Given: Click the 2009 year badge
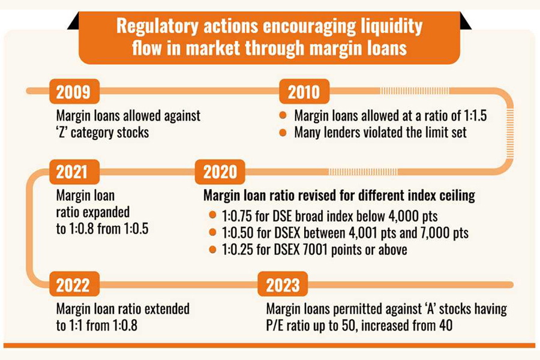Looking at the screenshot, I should click(x=73, y=92).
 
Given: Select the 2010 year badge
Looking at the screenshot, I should click(x=304, y=92).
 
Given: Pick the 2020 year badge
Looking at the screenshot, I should click(x=220, y=172).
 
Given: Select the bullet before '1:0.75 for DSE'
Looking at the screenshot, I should click(x=212, y=216).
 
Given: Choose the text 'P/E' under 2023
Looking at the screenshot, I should click(x=277, y=326).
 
